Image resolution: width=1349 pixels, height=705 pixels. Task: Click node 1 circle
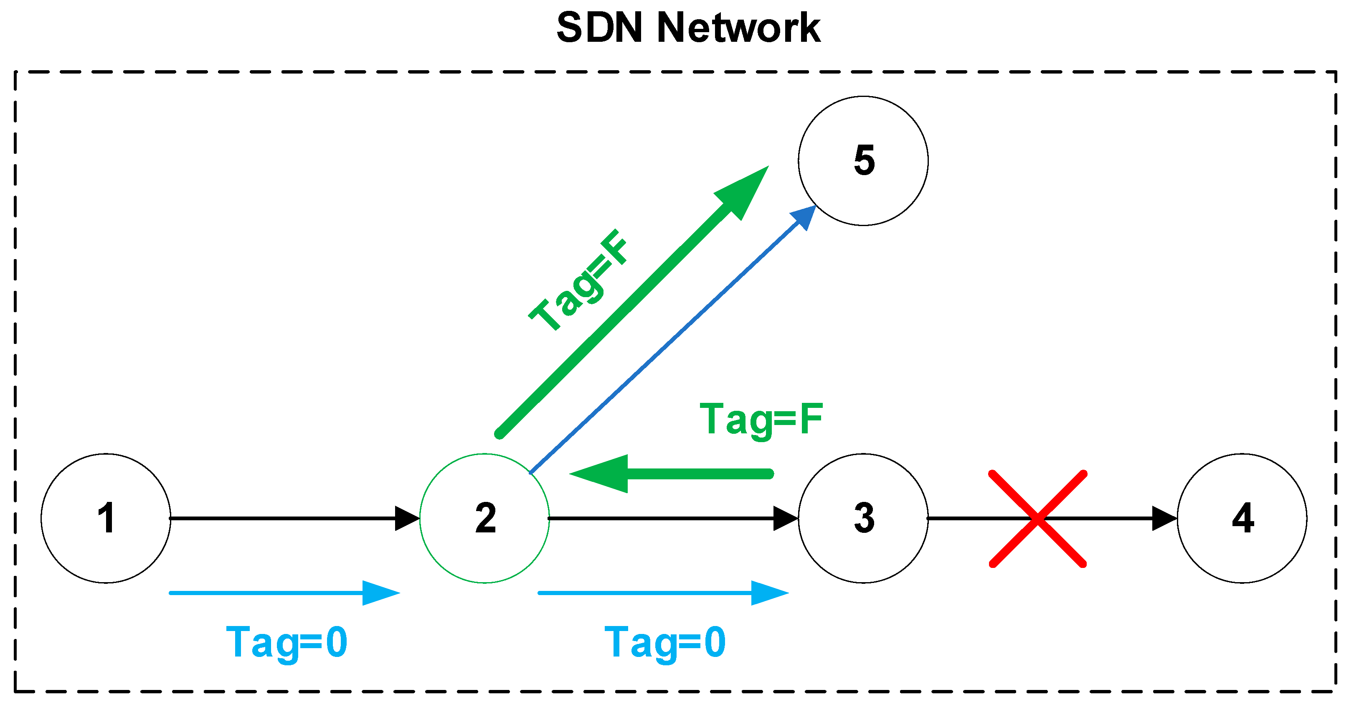click(106, 518)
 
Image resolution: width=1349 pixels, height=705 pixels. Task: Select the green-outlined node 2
click(484, 518)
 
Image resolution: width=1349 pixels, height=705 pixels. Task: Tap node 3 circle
click(863, 518)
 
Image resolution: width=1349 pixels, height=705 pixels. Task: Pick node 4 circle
click(1242, 518)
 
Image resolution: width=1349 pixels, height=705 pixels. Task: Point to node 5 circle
click(863, 160)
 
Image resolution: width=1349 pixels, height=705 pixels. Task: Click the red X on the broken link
click(1037, 518)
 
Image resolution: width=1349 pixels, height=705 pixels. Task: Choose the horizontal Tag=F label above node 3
click(761, 419)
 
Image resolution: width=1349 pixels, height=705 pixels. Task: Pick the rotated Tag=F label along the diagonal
click(579, 280)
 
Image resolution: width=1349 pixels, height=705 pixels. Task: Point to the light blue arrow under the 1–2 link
click(283, 593)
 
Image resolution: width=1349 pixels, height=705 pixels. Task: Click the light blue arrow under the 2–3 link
click(662, 593)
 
